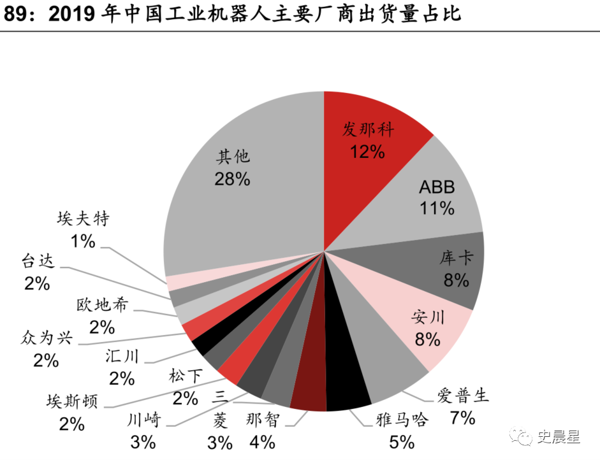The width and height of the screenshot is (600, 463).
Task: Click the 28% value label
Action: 233,179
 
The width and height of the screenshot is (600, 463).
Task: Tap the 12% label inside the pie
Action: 367,152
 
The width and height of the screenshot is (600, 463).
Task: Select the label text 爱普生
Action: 462,396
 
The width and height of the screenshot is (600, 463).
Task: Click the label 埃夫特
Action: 83,219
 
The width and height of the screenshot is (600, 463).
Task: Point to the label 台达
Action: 38,260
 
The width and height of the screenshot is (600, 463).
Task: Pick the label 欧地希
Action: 102,304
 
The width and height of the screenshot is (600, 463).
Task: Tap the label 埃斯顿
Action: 72,402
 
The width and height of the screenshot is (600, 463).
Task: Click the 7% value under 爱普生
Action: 462,418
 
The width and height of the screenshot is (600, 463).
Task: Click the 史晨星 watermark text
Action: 559,437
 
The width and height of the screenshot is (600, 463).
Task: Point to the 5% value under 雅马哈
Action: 402,442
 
